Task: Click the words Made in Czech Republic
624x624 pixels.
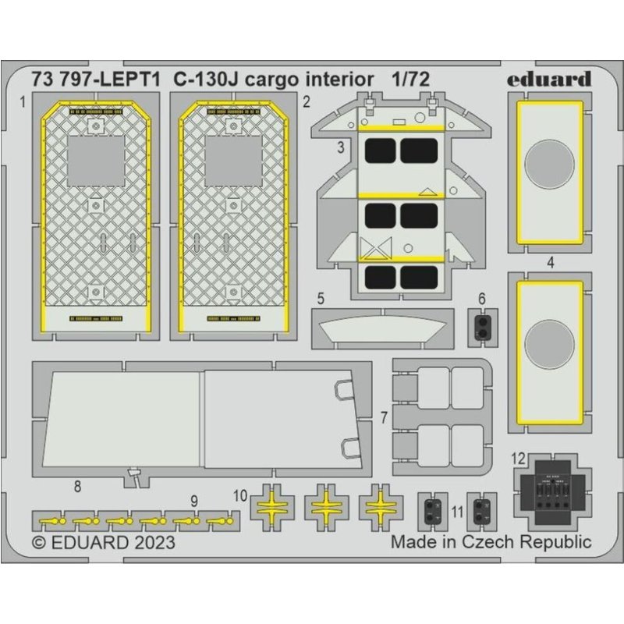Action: [x=491, y=541]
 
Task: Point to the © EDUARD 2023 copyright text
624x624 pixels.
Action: [x=103, y=542]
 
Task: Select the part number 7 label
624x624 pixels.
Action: [x=384, y=417]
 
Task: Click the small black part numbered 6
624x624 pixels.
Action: [x=482, y=324]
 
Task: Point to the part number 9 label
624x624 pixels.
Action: [x=193, y=500]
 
